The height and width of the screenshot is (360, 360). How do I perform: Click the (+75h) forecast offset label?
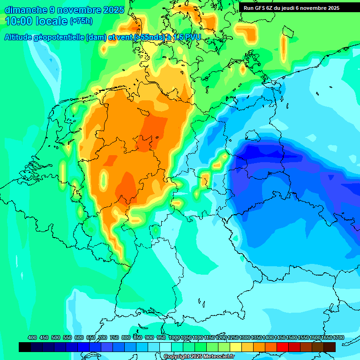click(81, 21)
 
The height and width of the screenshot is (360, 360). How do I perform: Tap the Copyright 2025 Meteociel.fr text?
click(199, 357)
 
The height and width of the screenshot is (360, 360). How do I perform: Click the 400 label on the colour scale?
click(32, 338)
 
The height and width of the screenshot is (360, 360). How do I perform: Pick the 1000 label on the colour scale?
click(174, 338)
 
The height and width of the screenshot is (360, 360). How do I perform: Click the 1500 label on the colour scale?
click(292, 338)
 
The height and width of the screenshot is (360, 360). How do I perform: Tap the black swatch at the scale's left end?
click(25, 347)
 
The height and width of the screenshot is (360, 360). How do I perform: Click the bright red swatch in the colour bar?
click(283, 347)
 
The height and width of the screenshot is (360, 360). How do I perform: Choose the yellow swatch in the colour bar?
click(236, 347)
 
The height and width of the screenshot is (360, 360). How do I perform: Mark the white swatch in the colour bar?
click(165, 347)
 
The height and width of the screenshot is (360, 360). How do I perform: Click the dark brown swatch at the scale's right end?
click(330, 347)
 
